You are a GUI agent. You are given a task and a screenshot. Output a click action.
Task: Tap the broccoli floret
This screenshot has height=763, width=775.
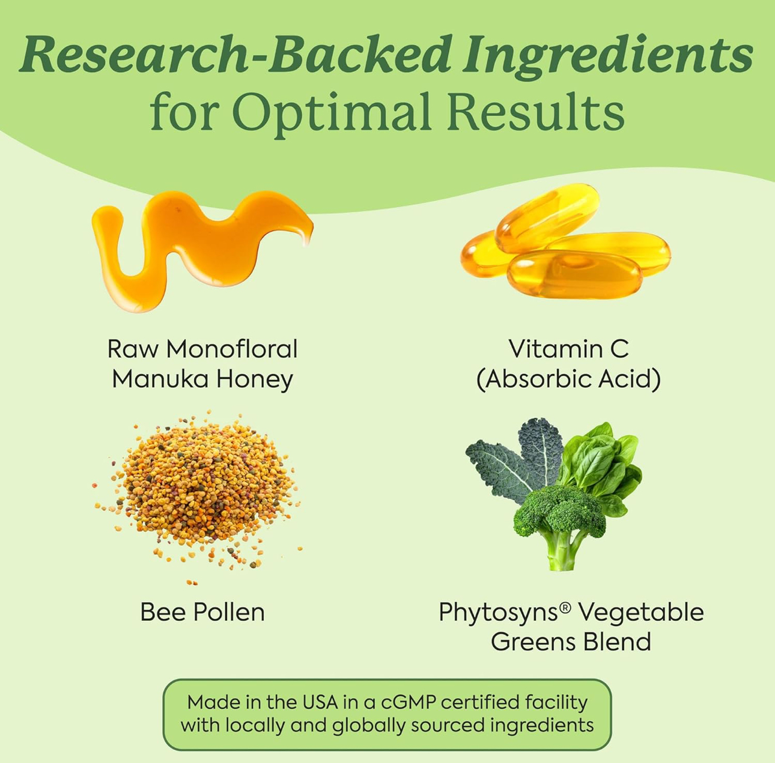[x=559, y=510]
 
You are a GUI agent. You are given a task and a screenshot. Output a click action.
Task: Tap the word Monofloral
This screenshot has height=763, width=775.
[x=232, y=349]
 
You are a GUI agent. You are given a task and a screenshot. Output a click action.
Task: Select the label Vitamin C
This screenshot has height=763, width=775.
[x=568, y=349]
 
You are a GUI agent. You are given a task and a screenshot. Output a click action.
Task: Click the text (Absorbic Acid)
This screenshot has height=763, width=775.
[x=568, y=379]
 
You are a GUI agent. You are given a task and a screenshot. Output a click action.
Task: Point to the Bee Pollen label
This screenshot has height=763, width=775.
[x=202, y=612]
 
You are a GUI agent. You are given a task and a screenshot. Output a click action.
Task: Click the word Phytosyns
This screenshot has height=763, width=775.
[x=498, y=613]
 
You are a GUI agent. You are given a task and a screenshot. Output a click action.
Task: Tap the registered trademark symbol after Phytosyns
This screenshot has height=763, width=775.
[x=565, y=608]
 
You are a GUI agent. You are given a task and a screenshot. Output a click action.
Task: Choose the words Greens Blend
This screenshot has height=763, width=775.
[x=571, y=642]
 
